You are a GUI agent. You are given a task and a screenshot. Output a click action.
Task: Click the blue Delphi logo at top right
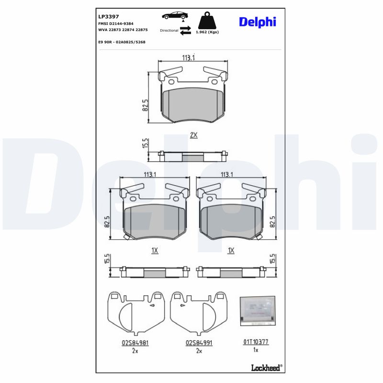[x=257, y=22]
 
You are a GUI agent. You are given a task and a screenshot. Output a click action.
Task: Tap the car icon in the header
[x=175, y=16]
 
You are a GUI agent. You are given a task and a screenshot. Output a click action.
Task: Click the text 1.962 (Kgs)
[x=207, y=32]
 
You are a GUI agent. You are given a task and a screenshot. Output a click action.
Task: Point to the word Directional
[x=169, y=30]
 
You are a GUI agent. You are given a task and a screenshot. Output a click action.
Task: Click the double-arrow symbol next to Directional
[x=186, y=30]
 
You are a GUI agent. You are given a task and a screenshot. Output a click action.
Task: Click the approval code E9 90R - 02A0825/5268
[x=121, y=42]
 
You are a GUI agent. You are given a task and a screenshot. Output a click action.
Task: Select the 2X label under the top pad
[x=193, y=135]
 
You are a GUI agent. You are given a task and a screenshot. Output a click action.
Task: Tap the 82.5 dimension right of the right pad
[x=273, y=221]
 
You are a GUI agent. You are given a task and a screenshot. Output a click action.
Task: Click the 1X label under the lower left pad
[x=155, y=250]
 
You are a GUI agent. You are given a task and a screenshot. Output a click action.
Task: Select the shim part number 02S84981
[x=135, y=343]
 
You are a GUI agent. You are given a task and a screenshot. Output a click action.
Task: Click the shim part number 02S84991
[x=199, y=343]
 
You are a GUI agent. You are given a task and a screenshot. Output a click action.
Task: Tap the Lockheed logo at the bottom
[x=266, y=367]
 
